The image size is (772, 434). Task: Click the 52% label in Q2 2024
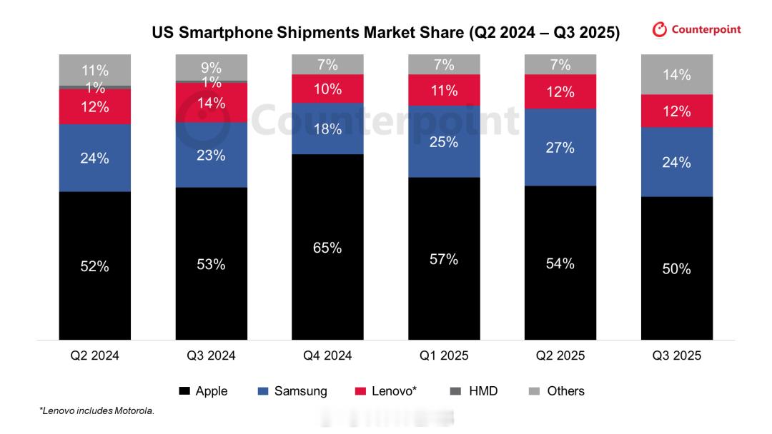point(94,266)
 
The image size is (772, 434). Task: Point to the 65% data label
point(327,248)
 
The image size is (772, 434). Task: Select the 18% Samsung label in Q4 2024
point(327,129)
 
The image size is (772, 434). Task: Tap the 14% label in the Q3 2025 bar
point(676,75)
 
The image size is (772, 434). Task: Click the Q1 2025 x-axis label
point(444,355)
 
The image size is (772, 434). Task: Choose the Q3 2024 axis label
point(211,355)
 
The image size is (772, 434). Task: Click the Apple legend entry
point(203,391)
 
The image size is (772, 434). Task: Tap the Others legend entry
point(557,391)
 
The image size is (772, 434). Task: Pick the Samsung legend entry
point(292,391)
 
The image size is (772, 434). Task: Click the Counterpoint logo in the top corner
point(697,30)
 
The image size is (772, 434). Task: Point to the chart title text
point(385,33)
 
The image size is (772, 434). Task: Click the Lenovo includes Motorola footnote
point(96,411)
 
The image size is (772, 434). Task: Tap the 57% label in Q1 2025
point(444,260)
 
